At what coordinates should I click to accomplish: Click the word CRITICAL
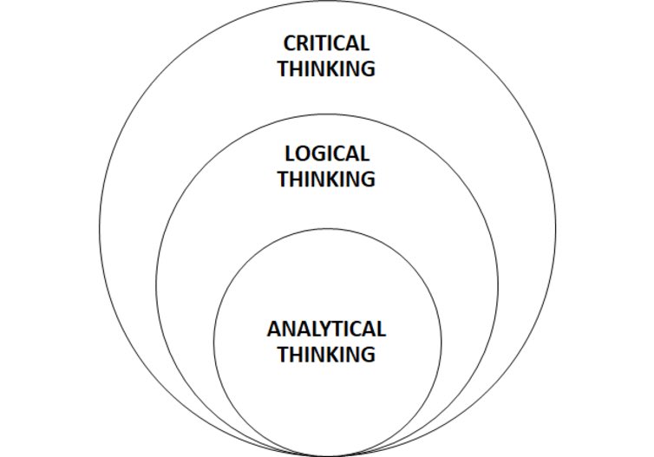click(x=327, y=43)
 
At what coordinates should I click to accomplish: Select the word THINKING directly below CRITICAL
click(x=327, y=69)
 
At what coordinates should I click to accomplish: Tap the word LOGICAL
click(x=327, y=154)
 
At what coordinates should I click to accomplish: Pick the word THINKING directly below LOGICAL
click(x=327, y=180)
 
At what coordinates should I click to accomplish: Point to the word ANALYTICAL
click(x=326, y=330)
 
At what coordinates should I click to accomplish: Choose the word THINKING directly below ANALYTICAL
click(x=327, y=355)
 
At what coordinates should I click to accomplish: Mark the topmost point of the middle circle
click(x=327, y=114)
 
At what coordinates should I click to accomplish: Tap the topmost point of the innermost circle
click(x=327, y=228)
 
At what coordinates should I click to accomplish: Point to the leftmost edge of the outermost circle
click(x=99, y=230)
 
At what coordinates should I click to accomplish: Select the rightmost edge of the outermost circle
click(x=556, y=230)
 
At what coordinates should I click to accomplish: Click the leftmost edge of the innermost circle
click(x=213, y=342)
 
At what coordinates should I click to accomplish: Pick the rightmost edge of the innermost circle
click(x=441, y=342)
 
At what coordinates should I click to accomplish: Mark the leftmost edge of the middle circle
click(x=156, y=285)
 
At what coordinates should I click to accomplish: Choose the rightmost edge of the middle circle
click(x=499, y=285)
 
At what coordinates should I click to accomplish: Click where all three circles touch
click(x=327, y=455)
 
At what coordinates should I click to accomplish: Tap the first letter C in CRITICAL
click(x=291, y=43)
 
